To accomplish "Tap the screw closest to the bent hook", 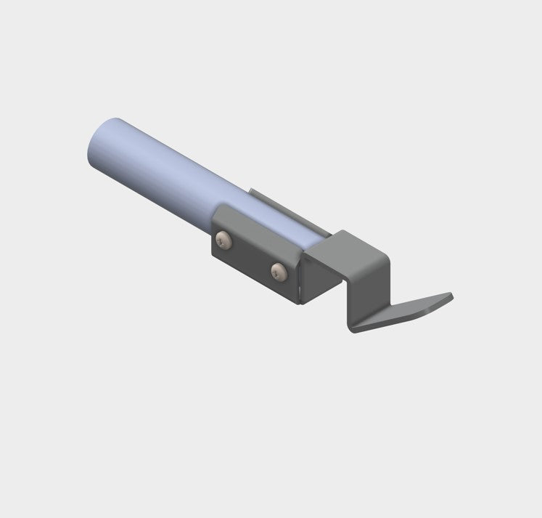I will pos(278,271).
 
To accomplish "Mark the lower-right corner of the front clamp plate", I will pos(297,304).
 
